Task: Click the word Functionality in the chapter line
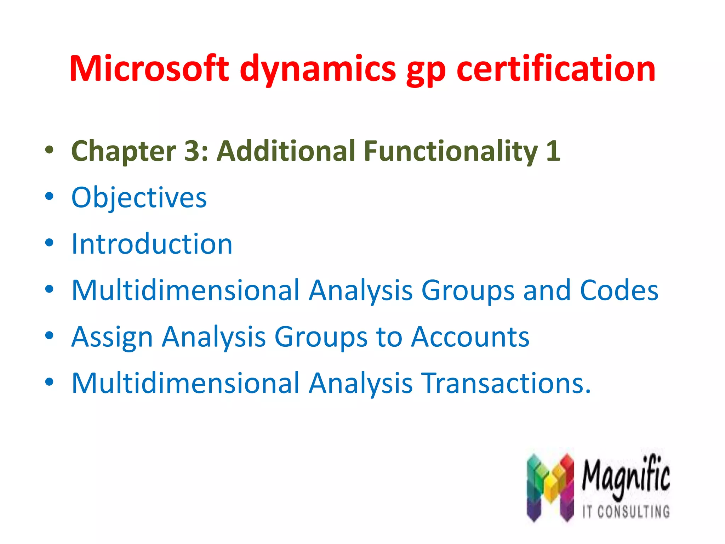coord(451,151)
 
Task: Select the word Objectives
coord(139,198)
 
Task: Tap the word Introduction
coord(152,244)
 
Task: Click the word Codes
coord(619,290)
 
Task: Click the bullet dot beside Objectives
coord(49,196)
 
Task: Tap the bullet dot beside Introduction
coord(49,243)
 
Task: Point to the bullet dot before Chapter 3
coord(49,150)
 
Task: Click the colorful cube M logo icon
coord(550,487)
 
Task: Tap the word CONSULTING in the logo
coord(633,512)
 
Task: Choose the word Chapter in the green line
coord(124,151)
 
